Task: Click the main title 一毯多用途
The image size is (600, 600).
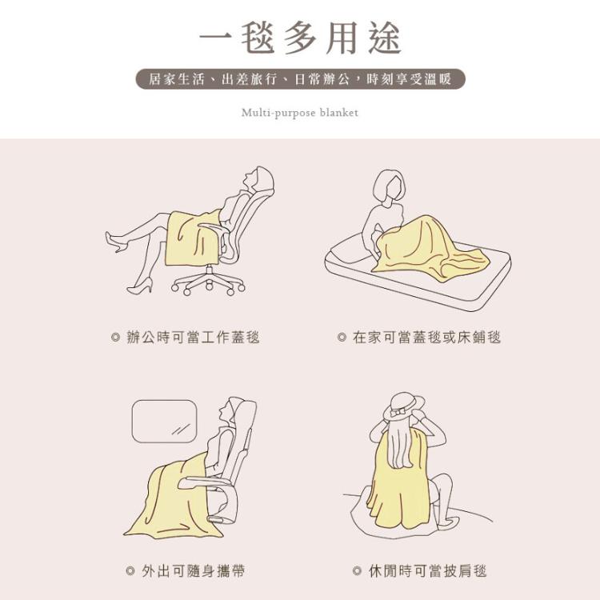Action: (300, 38)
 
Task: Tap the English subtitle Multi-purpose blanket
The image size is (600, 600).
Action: (300, 113)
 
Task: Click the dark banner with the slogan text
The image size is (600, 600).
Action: (300, 79)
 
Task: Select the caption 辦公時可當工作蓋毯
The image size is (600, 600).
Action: (194, 338)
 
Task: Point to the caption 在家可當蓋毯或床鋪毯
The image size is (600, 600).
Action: (427, 338)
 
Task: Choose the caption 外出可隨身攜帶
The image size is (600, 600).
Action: (194, 571)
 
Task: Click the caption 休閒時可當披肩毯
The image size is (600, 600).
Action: (428, 571)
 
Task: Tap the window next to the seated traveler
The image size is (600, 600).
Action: (164, 421)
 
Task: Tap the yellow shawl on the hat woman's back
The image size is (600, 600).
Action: (398, 482)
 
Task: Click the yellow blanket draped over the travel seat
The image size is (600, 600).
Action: (172, 498)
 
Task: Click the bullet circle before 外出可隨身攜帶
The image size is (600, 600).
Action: (130, 571)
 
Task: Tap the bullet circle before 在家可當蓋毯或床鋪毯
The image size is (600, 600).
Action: (342, 338)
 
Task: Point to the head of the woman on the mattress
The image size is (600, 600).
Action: (390, 187)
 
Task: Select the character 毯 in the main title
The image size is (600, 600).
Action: (258, 38)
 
